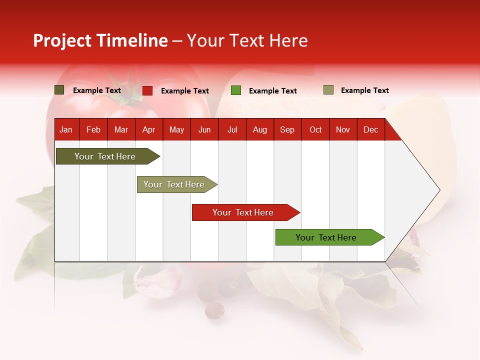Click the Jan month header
coord(66,129)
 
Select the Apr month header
coord(148,129)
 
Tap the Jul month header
coord(232,129)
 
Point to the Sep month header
coord(287,129)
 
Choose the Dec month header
coord(370,129)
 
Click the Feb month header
coord(93,129)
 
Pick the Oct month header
coord(315,129)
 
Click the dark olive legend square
coord(59,90)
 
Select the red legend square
coord(147,90)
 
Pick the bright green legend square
coord(236,90)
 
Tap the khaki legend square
coord(328,90)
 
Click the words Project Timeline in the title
coord(100,40)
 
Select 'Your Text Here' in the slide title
coord(247,40)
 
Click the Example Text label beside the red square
coord(185,91)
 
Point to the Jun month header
coord(204,129)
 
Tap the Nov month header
coord(343,129)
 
